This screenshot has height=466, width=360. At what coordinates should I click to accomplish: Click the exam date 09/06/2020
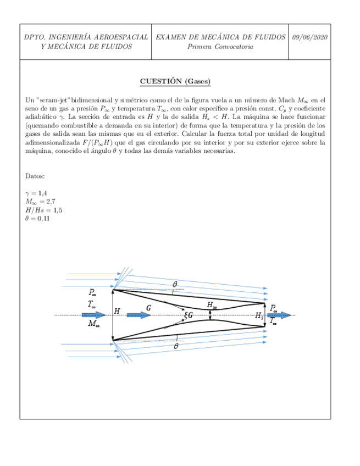(310, 37)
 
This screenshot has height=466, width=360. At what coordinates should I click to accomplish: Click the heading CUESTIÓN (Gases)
(175, 81)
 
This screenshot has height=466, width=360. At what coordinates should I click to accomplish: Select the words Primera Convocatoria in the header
(220, 47)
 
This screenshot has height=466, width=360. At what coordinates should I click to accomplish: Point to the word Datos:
(35, 176)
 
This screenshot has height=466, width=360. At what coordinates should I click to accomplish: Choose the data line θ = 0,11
(38, 219)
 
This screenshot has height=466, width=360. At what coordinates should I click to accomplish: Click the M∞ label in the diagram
(94, 324)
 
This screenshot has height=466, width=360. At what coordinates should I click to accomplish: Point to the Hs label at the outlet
(259, 315)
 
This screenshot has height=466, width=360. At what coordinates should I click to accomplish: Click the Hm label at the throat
(212, 304)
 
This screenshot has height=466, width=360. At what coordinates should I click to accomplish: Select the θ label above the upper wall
(175, 284)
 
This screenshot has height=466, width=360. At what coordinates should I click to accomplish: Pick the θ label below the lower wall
(176, 347)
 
